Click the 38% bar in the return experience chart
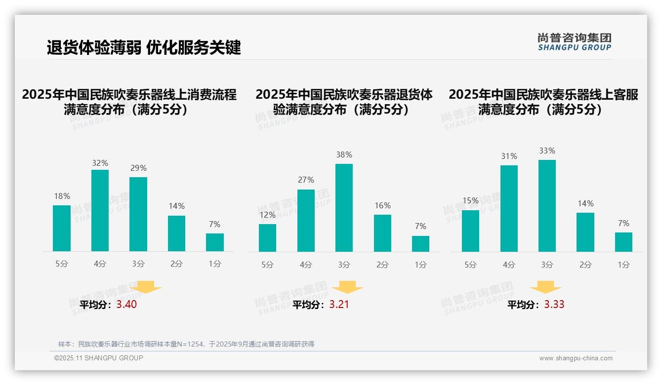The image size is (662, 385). (x=344, y=208)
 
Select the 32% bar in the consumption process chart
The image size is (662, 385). (x=100, y=211)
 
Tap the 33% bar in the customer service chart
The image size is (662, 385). (x=547, y=206)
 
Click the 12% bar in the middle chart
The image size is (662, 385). (x=267, y=238)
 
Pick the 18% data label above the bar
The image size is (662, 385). (x=62, y=196)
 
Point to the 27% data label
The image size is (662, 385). (x=306, y=180)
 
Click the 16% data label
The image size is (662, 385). (x=382, y=206)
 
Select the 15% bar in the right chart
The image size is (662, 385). (x=470, y=231)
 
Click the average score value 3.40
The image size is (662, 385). (x=126, y=305)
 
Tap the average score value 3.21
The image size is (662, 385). (x=339, y=305)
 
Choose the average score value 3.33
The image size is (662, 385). (x=554, y=305)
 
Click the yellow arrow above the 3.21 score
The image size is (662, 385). (x=348, y=287)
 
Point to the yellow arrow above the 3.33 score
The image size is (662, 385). (x=545, y=287)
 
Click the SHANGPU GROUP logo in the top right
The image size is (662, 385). (x=574, y=42)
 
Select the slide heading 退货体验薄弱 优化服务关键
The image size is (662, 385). (x=144, y=48)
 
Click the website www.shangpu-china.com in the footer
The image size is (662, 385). (x=576, y=358)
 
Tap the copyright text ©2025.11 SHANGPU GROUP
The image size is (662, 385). (x=98, y=358)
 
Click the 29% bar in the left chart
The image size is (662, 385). (x=138, y=214)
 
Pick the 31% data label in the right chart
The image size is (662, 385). (x=509, y=156)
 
